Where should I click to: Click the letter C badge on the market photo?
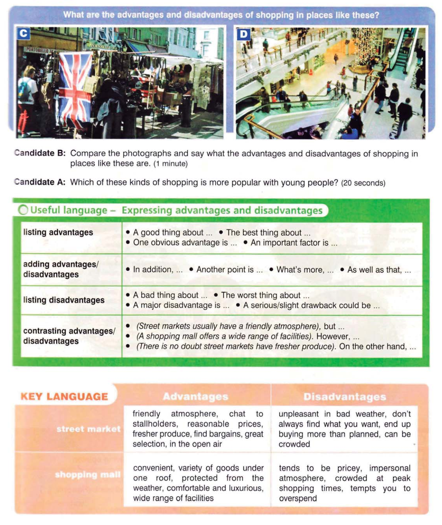tap(23, 34)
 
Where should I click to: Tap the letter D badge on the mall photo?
tap(244, 35)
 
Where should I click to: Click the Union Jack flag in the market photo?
tap(75, 88)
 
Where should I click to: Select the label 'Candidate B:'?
tap(40, 153)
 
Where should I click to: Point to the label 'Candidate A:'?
tap(40, 182)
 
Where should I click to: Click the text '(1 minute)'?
tap(170, 164)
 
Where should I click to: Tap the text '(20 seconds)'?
tap(363, 183)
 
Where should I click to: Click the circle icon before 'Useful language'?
tap(23, 210)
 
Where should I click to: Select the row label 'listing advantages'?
tap(58, 232)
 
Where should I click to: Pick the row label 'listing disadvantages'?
tap(64, 300)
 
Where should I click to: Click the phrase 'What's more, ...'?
tap(304, 269)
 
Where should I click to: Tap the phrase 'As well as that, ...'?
tap(379, 269)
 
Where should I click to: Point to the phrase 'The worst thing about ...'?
tap(265, 295)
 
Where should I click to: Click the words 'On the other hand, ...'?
tap(377, 346)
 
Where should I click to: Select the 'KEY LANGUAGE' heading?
tap(64, 397)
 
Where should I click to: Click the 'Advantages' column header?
tap(195, 397)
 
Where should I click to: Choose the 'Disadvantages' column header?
tap(344, 397)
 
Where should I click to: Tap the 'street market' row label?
tap(89, 429)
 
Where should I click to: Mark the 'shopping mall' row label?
tap(88, 475)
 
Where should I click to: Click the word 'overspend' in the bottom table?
tap(298, 498)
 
